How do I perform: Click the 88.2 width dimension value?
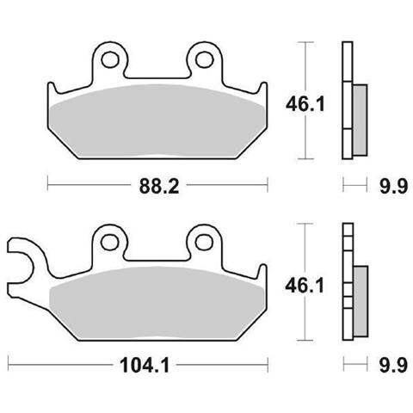[x=159, y=187]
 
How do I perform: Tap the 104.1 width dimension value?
[x=145, y=366]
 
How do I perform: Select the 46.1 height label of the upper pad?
[x=305, y=104]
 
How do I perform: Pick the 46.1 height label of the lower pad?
[x=305, y=286]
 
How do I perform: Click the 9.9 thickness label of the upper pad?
[x=393, y=187]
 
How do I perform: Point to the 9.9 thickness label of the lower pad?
[x=393, y=366]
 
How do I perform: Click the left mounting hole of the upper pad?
[x=110, y=59]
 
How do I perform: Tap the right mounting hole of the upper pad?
[x=205, y=59]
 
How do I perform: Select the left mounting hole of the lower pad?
[x=110, y=242]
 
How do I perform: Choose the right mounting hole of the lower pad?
[x=204, y=242]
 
